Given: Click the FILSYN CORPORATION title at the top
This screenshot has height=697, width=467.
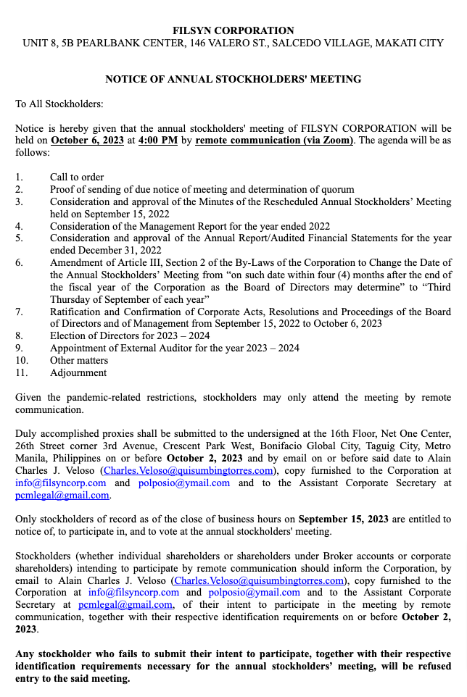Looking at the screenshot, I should tap(233, 30).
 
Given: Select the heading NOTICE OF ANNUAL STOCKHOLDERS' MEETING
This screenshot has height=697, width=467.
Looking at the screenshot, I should tap(233, 79).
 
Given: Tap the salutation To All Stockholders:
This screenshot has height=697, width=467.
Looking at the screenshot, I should tap(59, 104).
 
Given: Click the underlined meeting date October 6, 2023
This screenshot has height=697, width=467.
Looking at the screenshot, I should tap(88, 141).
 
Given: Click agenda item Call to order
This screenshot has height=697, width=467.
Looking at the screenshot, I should tap(77, 177).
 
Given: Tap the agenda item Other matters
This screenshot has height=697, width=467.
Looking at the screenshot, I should tap(79, 360).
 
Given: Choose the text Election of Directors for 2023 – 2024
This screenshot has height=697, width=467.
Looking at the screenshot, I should tap(130, 336).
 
